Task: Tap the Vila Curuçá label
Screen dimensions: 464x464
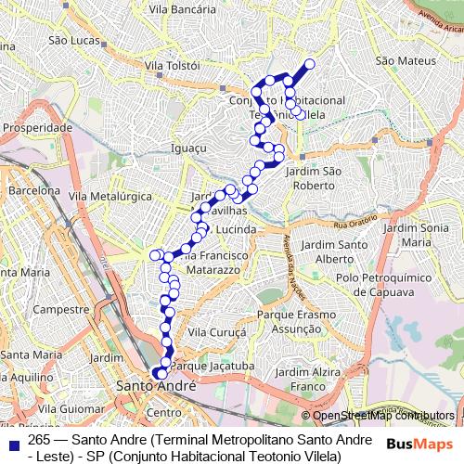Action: pyautogui.click(x=215, y=331)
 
